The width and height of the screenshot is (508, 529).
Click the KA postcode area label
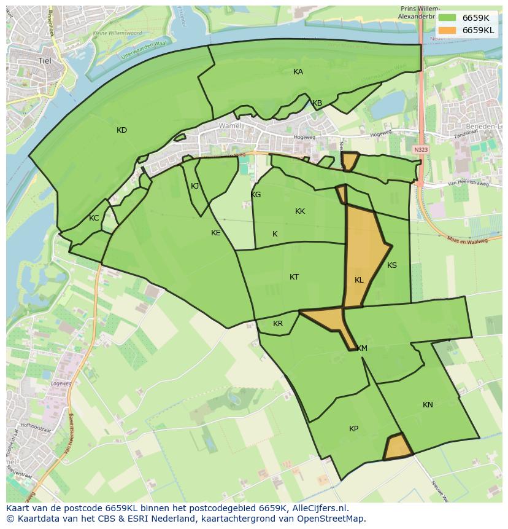click(x=298, y=72)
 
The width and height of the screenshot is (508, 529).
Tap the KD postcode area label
click(x=121, y=130)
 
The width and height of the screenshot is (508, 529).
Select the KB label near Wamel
click(x=317, y=103)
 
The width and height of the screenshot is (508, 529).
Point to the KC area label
click(x=94, y=218)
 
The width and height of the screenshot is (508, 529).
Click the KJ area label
click(x=195, y=186)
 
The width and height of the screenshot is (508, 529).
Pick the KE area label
click(x=216, y=233)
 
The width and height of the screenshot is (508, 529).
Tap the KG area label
click(x=256, y=195)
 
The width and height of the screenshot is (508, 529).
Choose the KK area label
click(x=300, y=211)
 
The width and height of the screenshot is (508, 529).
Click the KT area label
click(x=294, y=277)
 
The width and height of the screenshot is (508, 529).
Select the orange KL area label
click(x=359, y=280)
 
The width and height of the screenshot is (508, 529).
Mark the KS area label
click(x=392, y=265)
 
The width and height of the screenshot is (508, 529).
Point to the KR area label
click(x=278, y=324)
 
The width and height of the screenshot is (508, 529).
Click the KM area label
click(x=362, y=348)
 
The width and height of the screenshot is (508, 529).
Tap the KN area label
click(x=428, y=405)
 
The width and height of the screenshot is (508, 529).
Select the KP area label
click(x=354, y=429)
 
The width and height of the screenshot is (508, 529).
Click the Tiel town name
click(x=45, y=61)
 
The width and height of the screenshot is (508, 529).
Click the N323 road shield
click(x=420, y=149)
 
